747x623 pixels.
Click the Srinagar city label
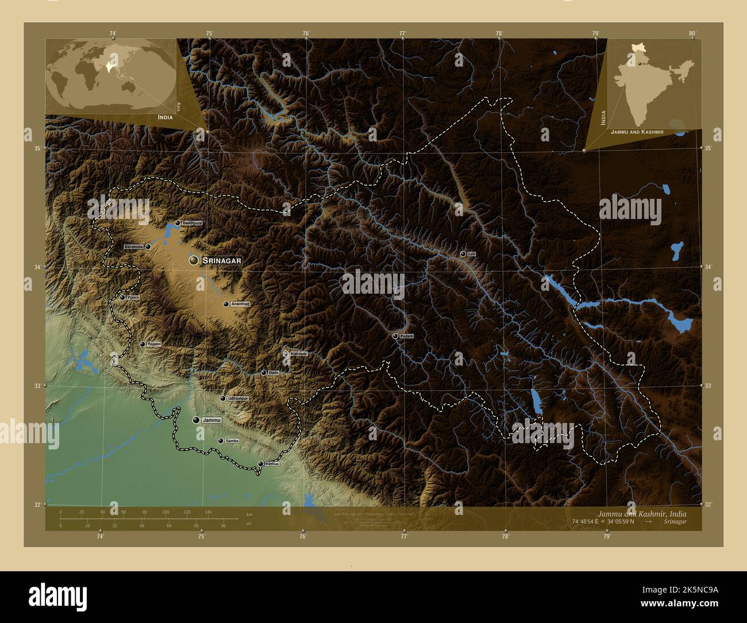[x=222, y=260]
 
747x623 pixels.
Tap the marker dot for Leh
[x=463, y=253]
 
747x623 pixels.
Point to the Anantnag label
[x=241, y=303]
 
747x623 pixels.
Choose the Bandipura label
[x=192, y=222]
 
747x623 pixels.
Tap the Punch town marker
[x=122, y=297]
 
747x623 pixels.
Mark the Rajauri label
[x=153, y=344]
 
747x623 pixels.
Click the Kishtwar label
[x=299, y=353]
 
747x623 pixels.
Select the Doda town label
[x=274, y=372]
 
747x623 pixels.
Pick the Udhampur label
[x=238, y=398]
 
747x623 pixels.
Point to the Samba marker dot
[x=221, y=441]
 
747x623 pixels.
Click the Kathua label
[x=272, y=464]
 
